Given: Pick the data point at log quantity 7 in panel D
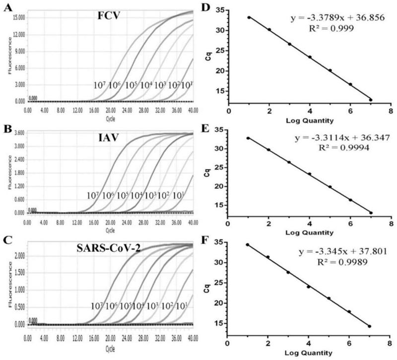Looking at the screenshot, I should [x=370, y=99].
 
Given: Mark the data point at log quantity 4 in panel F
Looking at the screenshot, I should [x=309, y=287].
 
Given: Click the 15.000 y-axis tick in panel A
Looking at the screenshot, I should [x=18, y=17].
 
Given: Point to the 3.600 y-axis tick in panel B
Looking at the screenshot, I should [x=19, y=133].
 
